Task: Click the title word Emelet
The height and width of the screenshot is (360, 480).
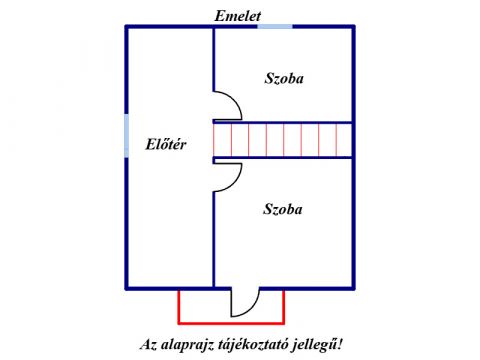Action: [237, 16]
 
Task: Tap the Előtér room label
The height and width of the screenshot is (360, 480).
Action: [166, 144]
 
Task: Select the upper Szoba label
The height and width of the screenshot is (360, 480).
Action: [284, 78]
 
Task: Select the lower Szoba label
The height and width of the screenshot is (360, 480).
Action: [283, 209]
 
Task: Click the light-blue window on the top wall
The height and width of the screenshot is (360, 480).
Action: [275, 27]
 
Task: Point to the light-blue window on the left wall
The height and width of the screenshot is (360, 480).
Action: [127, 136]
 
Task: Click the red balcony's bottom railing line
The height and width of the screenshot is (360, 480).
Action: [231, 323]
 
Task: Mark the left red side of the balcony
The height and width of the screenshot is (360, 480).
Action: [179, 307]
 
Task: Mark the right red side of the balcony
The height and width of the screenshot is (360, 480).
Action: [284, 307]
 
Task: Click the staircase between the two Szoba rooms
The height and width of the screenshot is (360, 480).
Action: [283, 140]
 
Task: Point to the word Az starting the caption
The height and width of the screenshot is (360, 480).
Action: [148, 345]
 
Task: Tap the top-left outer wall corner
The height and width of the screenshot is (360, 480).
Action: [127, 27]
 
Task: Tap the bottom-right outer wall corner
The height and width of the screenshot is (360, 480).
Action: [353, 288]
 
